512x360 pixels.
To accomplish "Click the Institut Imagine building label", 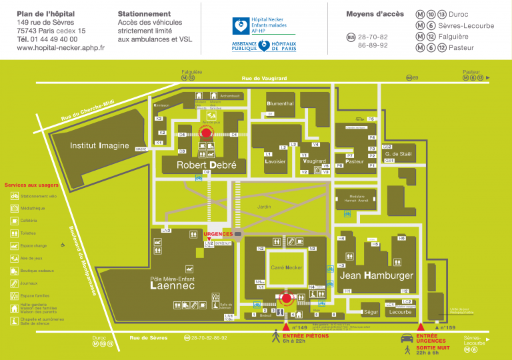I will click(99, 146).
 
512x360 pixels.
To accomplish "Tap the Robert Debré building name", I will click(206, 165).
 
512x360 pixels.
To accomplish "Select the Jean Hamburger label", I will click(377, 275).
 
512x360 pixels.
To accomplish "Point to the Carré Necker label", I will click(287, 267).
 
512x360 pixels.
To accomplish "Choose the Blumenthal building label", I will click(280, 104).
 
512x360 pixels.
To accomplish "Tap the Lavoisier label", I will click(275, 161).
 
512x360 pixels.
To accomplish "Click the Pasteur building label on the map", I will click(354, 161).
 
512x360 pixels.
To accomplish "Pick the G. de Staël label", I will click(399, 154).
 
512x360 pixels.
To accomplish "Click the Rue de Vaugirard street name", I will click(264, 79).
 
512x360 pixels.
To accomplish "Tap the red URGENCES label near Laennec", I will click(218, 234).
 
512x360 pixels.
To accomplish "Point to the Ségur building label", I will click(371, 312).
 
